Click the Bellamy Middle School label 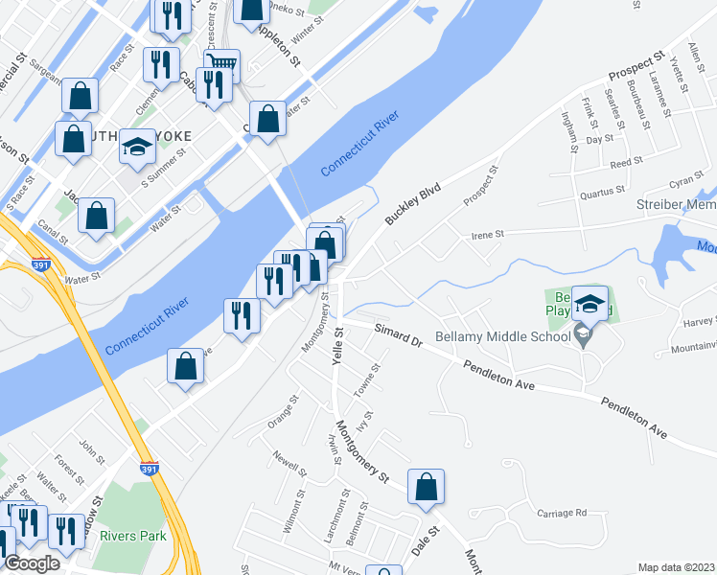point(502,336)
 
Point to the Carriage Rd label point(561,513)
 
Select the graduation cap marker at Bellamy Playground point(590,303)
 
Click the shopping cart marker point(221,66)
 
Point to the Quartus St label point(605,193)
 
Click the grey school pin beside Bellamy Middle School point(581,334)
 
